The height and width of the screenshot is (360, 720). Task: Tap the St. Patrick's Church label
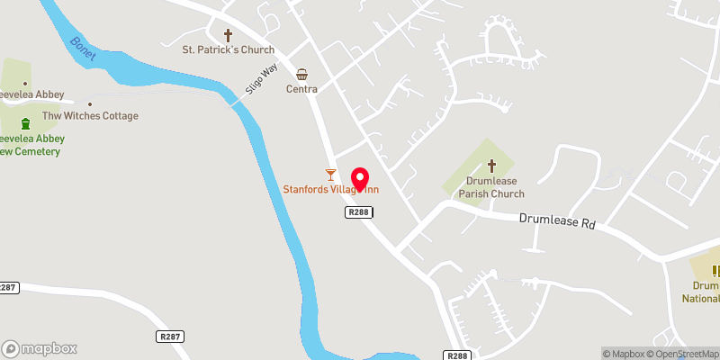228,50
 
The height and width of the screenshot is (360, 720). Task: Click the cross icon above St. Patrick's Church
228,35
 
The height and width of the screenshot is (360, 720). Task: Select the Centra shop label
302,89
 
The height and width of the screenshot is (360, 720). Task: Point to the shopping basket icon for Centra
302,74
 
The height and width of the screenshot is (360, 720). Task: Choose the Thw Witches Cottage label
90,116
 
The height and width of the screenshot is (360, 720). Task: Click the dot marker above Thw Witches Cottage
90,103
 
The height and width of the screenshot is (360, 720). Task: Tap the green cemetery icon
26,123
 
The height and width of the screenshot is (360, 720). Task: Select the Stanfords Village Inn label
330,189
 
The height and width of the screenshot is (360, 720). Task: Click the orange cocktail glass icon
330,173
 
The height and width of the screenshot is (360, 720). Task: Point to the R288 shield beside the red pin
358,211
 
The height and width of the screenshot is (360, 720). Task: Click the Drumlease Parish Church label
491,187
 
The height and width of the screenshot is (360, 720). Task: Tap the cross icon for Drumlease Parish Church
491,166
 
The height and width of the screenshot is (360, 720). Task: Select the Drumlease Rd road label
559,220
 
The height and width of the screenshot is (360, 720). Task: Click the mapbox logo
40,349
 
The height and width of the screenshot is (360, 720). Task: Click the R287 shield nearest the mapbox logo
168,336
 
